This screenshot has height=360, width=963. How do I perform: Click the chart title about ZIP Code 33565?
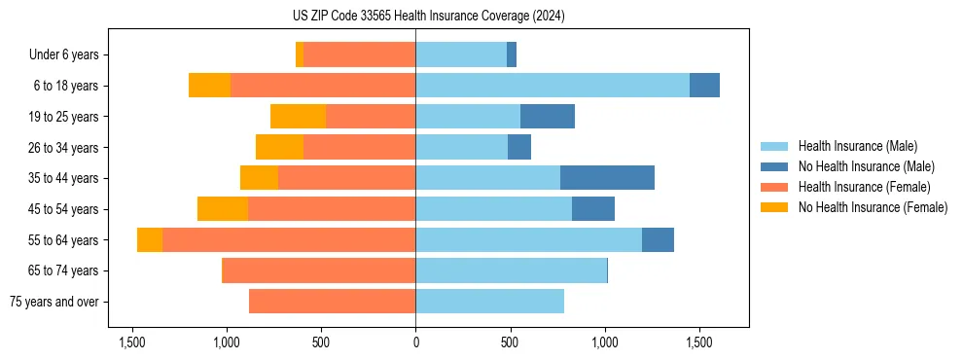429,17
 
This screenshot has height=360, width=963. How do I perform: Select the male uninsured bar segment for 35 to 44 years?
607,178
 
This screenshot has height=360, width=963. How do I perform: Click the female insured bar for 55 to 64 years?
289,240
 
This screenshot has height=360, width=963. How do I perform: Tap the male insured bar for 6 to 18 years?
553,86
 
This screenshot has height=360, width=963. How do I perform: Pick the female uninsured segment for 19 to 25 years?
298,117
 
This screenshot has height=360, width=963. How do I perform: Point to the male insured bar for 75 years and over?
489,302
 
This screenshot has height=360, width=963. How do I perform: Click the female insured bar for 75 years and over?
332,302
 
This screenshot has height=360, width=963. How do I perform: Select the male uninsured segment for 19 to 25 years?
548,117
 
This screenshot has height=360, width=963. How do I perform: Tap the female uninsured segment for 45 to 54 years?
223,209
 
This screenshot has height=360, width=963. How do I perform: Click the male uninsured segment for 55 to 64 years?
658,240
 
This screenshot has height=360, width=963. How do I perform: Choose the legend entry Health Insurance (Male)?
857,146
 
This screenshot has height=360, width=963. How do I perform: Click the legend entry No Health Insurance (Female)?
873,207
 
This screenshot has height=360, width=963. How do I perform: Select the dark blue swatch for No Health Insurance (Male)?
774,166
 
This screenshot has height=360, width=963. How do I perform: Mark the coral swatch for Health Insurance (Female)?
774,187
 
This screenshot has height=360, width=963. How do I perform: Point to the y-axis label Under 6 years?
63,55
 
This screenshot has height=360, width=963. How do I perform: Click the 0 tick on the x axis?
415,343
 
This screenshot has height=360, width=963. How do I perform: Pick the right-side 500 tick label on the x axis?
510,343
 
